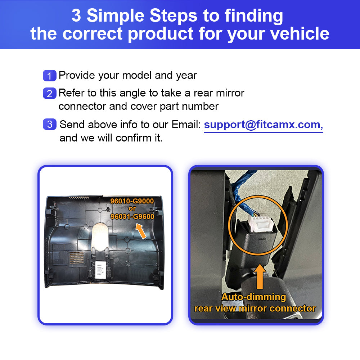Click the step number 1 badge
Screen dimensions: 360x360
50,76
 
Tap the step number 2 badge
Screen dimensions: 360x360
50,93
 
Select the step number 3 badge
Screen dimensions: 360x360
50,124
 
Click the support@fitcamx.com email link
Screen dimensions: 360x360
264,125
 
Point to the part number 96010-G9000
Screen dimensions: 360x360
132,201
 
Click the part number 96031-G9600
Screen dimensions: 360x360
132,216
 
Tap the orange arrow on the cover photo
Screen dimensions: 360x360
141,231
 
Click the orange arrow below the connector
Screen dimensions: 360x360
260,276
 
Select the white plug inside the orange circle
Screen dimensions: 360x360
261,224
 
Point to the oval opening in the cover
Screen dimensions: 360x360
100,236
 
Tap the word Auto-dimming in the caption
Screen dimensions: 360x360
254,297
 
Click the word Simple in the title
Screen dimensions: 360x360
118,15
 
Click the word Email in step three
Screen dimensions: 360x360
186,125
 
